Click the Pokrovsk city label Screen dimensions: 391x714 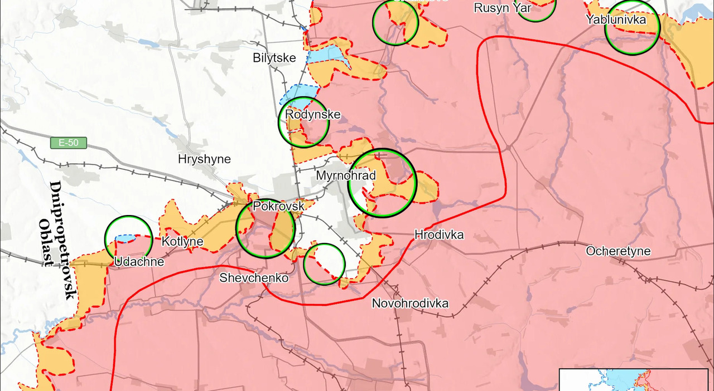tap(278, 206)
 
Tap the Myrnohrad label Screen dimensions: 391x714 tap(346, 175)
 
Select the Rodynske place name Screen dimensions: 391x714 tap(312, 115)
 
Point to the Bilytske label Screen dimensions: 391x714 tap(274, 57)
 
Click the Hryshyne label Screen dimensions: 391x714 tap(204, 159)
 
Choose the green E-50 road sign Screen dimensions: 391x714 tap(69, 143)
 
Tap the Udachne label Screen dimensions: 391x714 tap(139, 262)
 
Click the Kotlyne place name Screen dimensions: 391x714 tap(182, 242)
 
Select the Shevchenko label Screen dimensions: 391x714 tap(254, 277)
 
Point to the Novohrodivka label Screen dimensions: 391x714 tap(410, 304)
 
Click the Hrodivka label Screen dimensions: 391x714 tap(439, 235)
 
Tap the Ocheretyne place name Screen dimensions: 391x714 tap(618, 251)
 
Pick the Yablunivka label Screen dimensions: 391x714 tap(616, 19)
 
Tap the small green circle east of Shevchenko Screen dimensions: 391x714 tap(324, 264)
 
